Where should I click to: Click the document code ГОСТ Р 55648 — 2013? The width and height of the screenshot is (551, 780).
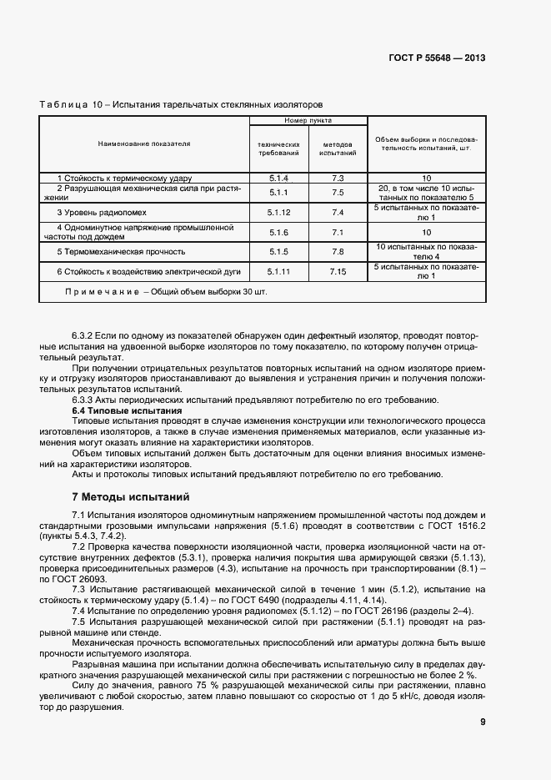(x=437, y=58)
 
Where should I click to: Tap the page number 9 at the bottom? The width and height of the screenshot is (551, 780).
(x=483, y=722)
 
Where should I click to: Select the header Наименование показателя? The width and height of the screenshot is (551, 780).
(x=144, y=143)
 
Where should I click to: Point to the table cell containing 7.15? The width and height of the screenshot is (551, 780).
(x=338, y=272)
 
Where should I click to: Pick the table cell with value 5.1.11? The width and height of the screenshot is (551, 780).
(x=278, y=272)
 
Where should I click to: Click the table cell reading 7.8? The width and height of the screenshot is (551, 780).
(x=338, y=251)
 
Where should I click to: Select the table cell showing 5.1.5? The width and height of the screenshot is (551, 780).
(x=278, y=251)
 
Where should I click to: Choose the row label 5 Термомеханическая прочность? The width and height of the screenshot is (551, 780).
(x=121, y=251)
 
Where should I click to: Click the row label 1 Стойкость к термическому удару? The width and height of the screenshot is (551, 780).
(x=124, y=179)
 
